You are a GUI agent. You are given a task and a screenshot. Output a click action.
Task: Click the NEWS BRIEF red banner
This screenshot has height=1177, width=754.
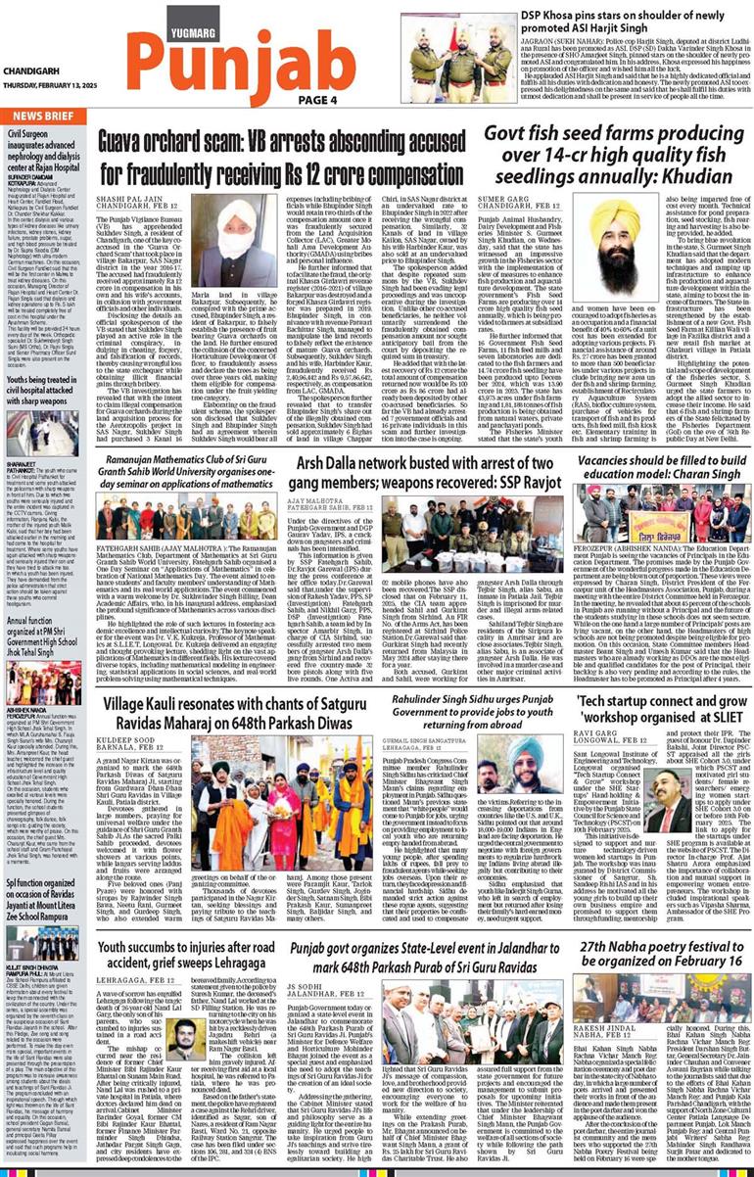click(x=40, y=116)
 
